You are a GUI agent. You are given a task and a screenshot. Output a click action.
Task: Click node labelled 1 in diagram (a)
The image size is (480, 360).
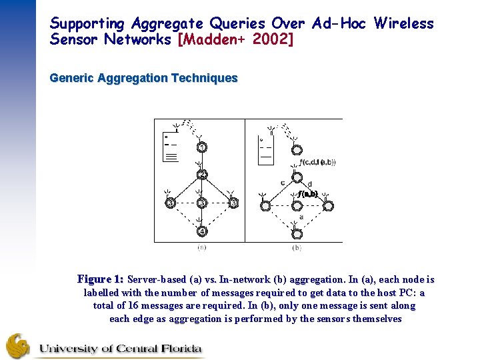201,147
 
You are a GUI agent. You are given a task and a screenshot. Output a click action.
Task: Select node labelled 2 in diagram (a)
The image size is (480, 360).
201,175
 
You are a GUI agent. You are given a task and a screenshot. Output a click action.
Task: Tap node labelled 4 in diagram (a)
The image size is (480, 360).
201,231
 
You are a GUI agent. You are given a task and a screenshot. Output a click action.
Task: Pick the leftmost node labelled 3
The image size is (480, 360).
170,203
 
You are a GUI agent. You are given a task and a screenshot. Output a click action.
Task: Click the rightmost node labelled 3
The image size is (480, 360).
233,203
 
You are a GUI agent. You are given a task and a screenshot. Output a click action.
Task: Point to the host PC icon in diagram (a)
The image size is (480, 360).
171,148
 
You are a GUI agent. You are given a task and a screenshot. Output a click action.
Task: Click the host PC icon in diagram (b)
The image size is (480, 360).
266,150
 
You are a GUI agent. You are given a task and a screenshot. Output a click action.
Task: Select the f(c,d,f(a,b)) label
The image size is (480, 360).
318,162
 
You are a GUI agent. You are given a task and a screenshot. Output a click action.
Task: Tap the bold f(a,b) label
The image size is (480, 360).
307,194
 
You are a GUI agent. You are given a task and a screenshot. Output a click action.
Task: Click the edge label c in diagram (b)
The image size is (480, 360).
283,183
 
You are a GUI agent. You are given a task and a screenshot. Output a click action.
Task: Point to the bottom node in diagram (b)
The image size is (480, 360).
297,234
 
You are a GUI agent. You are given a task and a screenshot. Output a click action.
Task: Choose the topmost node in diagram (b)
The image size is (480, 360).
297,150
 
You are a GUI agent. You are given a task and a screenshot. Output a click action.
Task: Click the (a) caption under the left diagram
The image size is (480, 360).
201,247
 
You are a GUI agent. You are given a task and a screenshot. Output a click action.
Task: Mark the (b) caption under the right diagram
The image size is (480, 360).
297,247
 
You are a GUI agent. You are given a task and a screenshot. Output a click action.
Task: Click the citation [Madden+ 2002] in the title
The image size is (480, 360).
235,39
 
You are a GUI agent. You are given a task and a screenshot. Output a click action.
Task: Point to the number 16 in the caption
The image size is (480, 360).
133,306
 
